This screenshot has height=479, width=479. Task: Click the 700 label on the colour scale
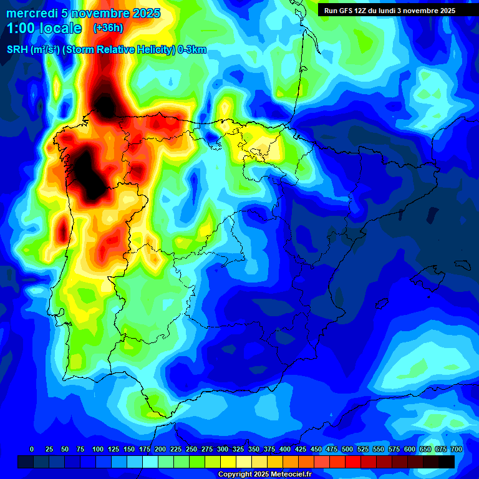click(457, 449)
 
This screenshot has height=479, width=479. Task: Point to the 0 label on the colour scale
click(32, 449)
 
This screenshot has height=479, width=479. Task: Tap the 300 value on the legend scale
click(223, 449)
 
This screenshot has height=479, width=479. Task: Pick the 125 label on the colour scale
click(114, 449)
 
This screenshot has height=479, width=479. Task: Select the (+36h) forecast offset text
click(108, 28)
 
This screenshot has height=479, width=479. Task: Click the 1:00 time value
click(21, 28)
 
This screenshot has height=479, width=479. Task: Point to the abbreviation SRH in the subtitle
click(17, 50)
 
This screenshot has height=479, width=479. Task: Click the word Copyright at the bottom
click(235, 475)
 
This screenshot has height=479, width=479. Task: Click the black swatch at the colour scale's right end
click(447, 462)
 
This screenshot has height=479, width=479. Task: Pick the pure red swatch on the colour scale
click(353, 462)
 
